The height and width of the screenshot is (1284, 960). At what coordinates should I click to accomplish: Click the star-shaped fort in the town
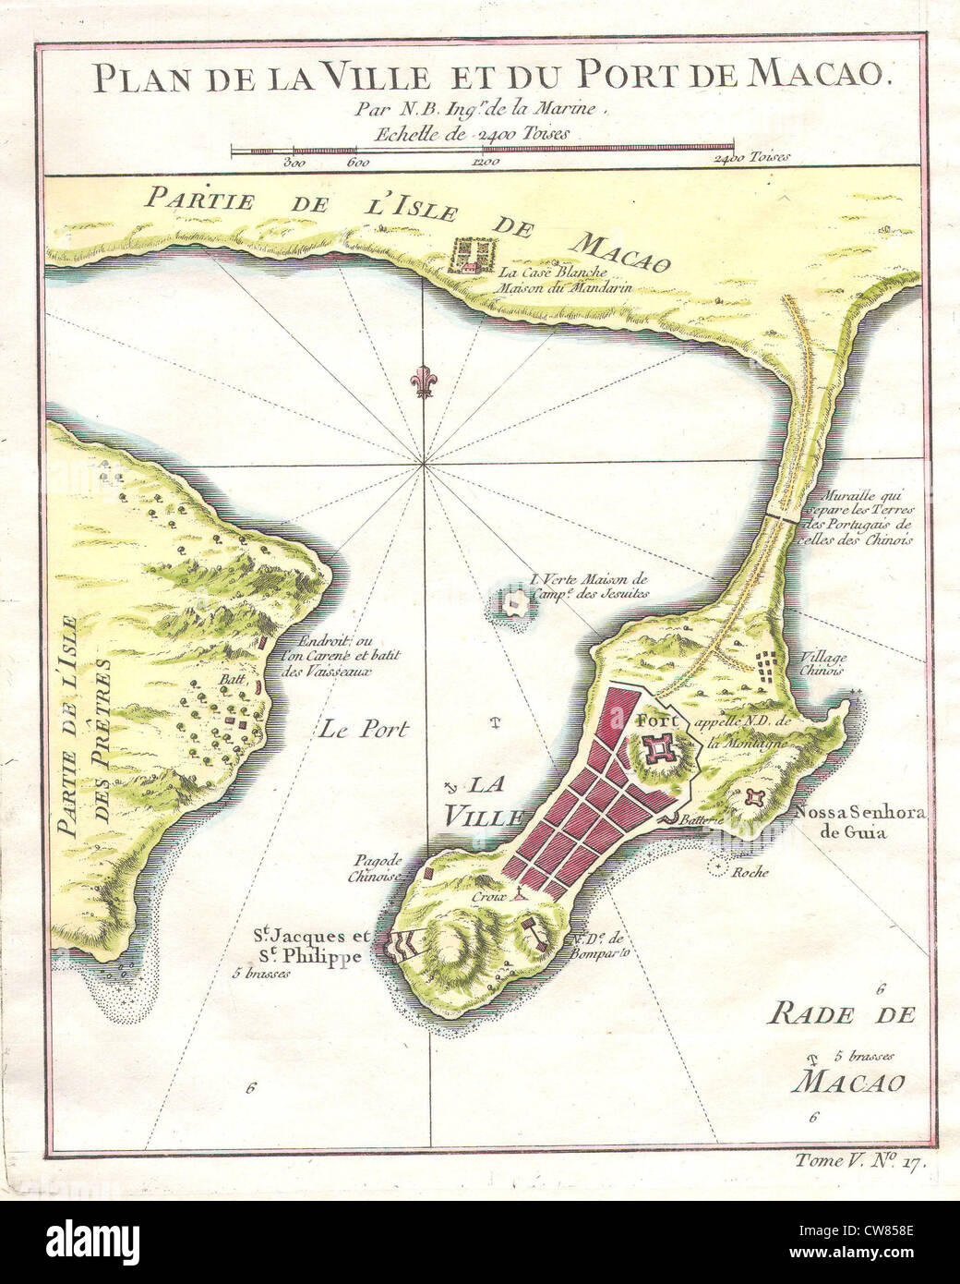coord(662,747)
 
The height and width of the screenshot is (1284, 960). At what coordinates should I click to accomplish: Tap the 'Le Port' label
coord(364,728)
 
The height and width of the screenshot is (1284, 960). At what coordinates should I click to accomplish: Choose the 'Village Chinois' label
coord(824,664)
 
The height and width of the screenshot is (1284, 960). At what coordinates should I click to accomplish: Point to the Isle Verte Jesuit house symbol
coord(514,605)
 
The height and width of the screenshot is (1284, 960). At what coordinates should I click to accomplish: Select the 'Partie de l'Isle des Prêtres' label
coord(79,745)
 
